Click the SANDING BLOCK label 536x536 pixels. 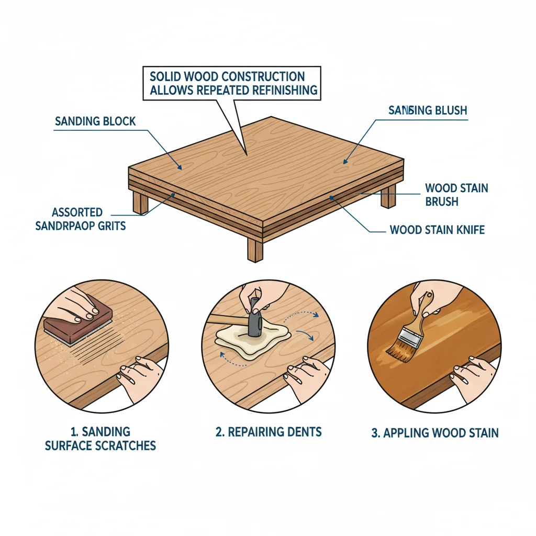pyautogui.click(x=95, y=121)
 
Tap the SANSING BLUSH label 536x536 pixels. pyautogui.click(x=428, y=110)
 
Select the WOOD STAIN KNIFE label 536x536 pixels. pyautogui.click(x=437, y=230)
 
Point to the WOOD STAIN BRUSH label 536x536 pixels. pyautogui.click(x=456, y=194)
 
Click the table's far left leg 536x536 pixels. pyautogui.click(x=140, y=202)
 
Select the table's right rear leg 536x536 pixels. pyautogui.click(x=388, y=196)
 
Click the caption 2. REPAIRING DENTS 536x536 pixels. pyautogui.click(x=269, y=432)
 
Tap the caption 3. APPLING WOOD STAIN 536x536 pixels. pyautogui.click(x=434, y=433)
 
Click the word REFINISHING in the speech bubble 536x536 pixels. pyautogui.click(x=277, y=90)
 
